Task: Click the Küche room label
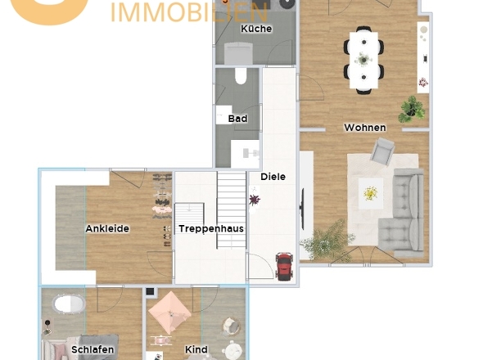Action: [256, 29]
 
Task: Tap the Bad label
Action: [237, 119]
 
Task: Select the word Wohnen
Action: [365, 128]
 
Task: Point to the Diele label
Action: [273, 177]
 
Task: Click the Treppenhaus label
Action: [211, 229]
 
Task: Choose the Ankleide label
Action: [107, 229]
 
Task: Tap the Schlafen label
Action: [93, 349]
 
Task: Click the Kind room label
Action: [196, 349]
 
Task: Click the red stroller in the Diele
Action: [284, 267]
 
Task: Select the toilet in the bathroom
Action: [241, 76]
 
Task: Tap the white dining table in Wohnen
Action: [363, 60]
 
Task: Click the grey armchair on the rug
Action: [382, 151]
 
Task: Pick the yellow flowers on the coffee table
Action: [370, 193]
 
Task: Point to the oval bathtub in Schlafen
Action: [69, 304]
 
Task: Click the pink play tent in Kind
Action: [169, 313]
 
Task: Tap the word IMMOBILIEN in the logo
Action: [189, 12]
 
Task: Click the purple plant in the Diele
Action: [255, 200]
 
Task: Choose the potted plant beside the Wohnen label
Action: [412, 109]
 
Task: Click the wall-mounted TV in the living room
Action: [303, 209]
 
